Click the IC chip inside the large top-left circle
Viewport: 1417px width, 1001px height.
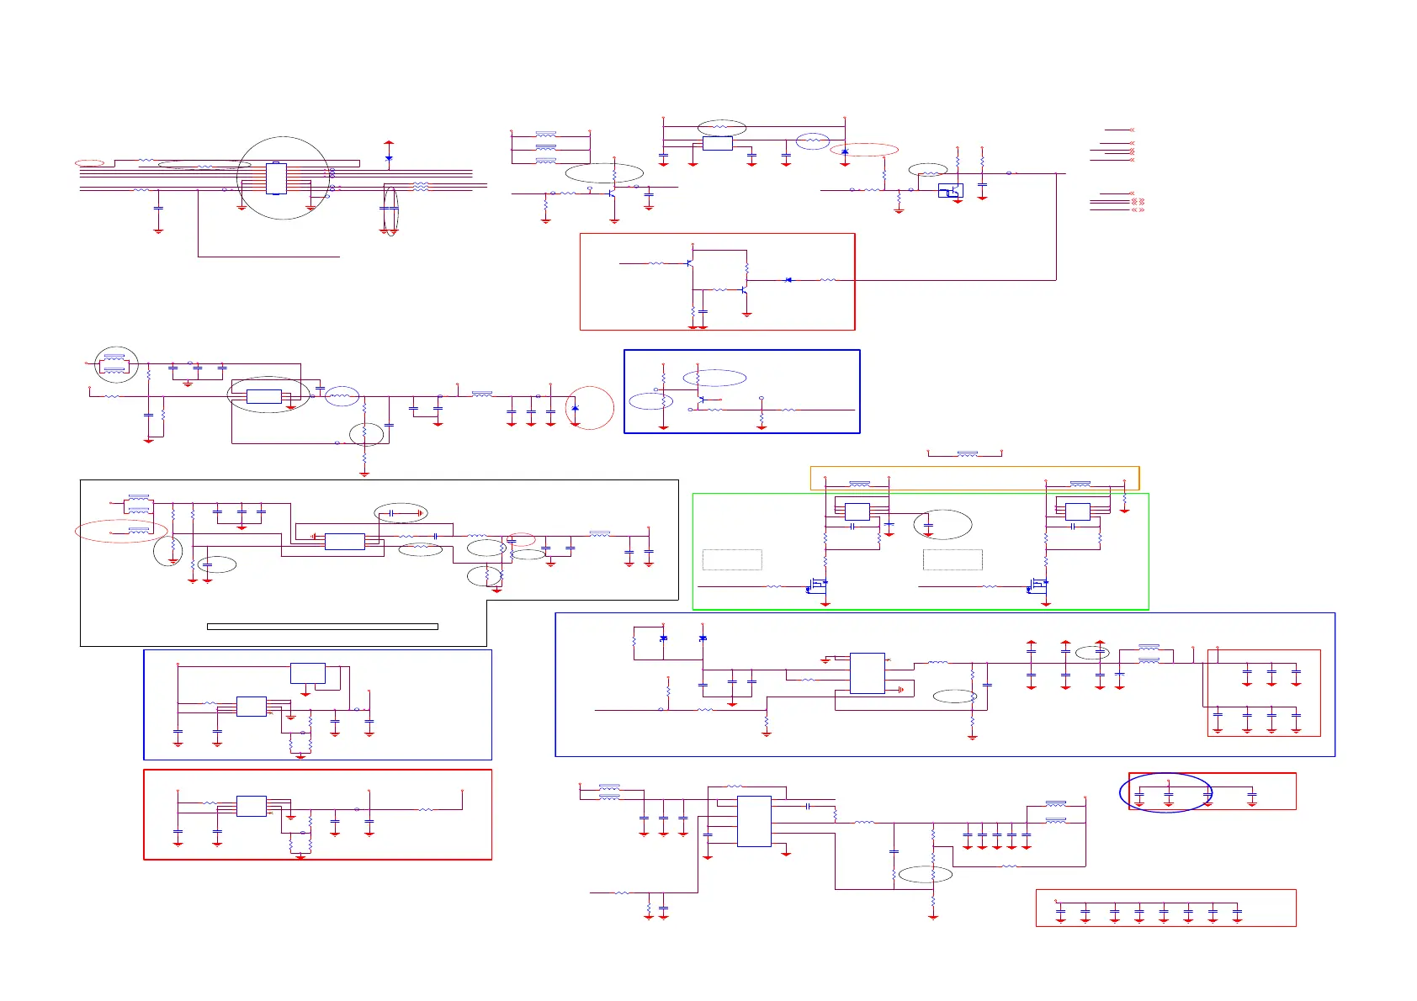(x=276, y=178)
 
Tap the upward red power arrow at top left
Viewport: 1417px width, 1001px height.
(x=389, y=146)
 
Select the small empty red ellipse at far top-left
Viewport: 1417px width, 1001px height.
(x=89, y=162)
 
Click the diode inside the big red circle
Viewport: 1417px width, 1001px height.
(x=576, y=408)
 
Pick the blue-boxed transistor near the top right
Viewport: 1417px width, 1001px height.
(x=951, y=191)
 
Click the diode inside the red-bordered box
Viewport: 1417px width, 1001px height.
(x=788, y=280)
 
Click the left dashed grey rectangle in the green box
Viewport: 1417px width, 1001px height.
(x=732, y=559)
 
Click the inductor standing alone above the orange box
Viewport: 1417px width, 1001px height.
(x=968, y=454)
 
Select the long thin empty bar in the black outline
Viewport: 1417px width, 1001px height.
(x=322, y=627)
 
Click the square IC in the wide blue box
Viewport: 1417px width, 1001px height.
(x=867, y=673)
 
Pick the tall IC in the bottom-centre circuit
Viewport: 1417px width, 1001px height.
(x=754, y=821)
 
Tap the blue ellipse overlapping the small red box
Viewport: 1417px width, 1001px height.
(x=1165, y=792)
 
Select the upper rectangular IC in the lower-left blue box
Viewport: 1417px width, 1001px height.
(x=307, y=673)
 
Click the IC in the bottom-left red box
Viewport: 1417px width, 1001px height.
(x=251, y=806)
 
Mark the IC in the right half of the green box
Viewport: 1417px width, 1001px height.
(x=1077, y=511)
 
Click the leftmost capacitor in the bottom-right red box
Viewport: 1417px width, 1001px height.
(x=1060, y=913)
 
